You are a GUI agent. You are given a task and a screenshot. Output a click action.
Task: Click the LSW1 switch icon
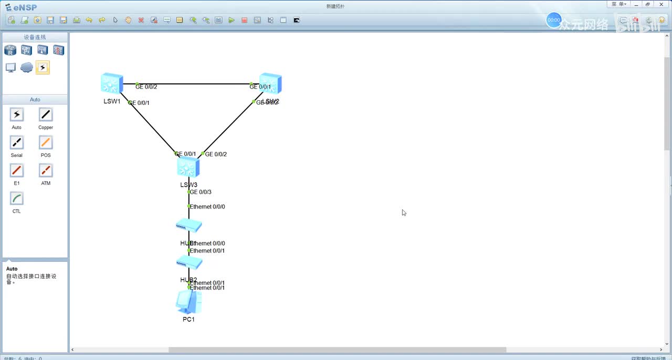point(112,83)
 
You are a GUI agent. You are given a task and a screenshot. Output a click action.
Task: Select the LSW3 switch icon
point(188,168)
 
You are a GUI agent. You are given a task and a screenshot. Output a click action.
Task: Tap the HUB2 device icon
point(189,263)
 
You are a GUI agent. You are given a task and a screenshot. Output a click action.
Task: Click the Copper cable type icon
point(46,115)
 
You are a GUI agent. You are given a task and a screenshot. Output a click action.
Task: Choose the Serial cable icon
point(17,143)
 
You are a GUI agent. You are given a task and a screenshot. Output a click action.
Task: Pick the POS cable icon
point(46,143)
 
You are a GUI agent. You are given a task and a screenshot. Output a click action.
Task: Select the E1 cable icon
point(17,171)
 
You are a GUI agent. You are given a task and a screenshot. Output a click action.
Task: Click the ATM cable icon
point(46,171)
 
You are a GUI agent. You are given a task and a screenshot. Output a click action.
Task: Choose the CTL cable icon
point(17,198)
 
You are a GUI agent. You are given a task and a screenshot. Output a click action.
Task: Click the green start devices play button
point(232,20)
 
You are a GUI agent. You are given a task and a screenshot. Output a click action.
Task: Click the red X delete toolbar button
point(141,20)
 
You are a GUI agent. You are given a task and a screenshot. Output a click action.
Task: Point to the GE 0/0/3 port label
point(201,192)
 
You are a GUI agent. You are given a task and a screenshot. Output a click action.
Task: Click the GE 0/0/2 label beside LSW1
point(146,87)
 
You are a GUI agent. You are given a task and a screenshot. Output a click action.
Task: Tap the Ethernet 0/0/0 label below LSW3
point(207,207)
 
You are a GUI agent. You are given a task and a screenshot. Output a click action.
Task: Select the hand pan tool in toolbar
point(128,20)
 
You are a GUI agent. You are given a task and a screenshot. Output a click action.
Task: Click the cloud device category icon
point(27,68)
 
